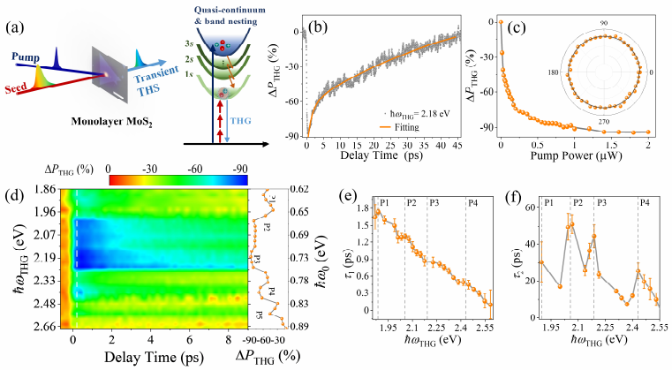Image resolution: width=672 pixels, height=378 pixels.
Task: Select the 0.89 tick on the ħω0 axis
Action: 300,326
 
